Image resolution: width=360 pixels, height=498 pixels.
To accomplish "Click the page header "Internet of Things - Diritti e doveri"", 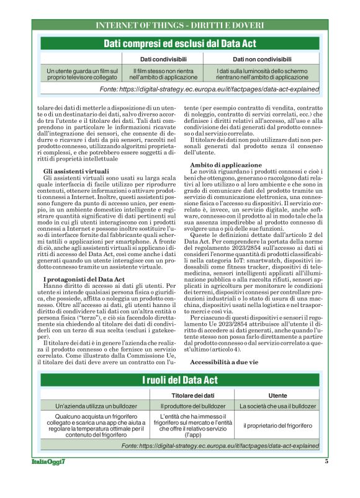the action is point(179,25).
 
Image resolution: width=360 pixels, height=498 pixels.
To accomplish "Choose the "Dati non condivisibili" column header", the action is point(261,60).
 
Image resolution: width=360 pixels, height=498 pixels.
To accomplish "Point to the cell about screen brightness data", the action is point(261,74).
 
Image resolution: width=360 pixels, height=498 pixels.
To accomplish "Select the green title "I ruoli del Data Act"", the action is point(180,379).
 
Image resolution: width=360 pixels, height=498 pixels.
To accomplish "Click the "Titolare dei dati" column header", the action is point(192,395).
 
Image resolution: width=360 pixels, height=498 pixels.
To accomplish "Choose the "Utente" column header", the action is point(277,395).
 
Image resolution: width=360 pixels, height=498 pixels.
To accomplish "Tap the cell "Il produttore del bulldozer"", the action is point(192,406).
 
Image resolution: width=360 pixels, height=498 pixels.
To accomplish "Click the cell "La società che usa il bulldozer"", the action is point(277,406).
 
